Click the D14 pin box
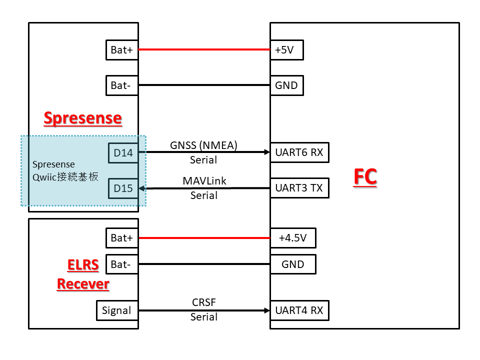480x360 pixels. (123, 153)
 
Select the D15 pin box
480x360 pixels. (123, 188)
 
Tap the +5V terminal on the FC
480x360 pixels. (286, 50)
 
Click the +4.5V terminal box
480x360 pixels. (292, 238)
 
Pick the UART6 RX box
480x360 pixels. (299, 152)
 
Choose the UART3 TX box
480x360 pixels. (299, 188)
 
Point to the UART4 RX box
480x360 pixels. (299, 310)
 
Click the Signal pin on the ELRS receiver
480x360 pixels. (116, 310)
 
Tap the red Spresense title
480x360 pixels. (82, 118)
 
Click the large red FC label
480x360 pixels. (365, 177)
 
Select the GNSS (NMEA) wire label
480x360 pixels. (203, 145)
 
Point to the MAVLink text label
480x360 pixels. (203, 180)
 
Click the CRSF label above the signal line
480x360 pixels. (203, 302)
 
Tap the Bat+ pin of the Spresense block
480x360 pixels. (121, 50)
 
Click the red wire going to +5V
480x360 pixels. (203, 50)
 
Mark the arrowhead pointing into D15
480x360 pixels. (141, 188)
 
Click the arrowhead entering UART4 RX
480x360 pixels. (267, 310)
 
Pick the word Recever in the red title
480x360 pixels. (83, 284)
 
